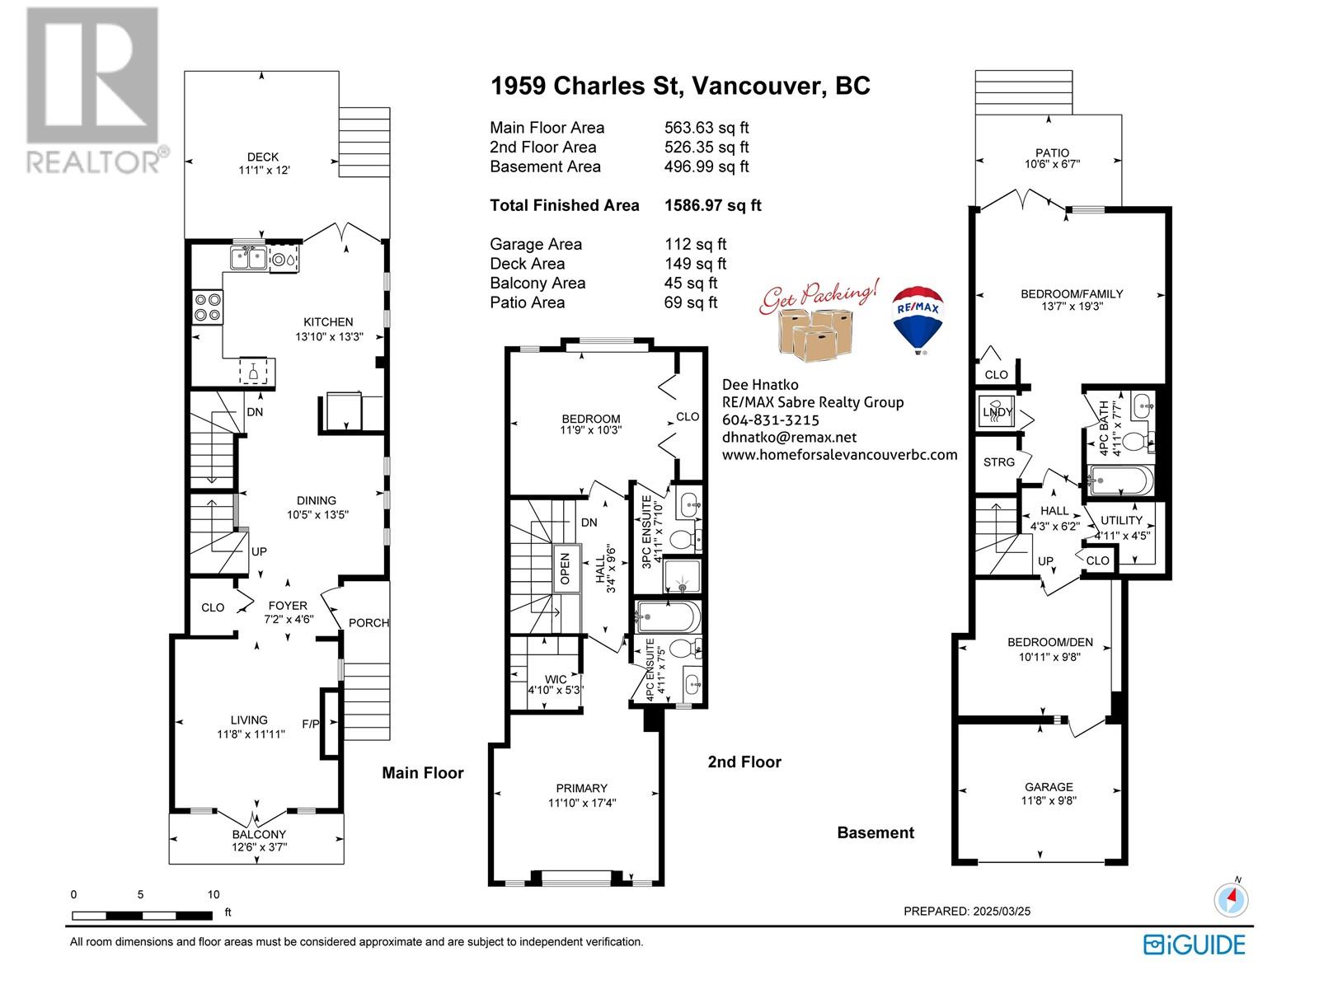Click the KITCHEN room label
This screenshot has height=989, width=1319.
click(327, 322)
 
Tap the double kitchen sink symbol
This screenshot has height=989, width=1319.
click(248, 259)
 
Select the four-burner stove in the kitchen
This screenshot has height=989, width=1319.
click(208, 307)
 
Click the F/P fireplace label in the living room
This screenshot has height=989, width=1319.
click(310, 724)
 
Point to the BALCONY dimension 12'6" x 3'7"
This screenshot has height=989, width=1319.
click(260, 846)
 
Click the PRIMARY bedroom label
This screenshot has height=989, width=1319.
click(581, 788)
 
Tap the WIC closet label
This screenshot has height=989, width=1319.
click(556, 679)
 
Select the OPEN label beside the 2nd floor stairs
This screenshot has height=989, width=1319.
click(565, 568)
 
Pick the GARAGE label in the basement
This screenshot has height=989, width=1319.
click(1049, 786)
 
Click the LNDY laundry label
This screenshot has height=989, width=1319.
click(997, 412)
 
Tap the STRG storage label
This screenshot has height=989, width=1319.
click(998, 462)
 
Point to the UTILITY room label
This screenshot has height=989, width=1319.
click(1121, 521)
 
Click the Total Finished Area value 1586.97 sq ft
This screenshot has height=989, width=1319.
click(713, 205)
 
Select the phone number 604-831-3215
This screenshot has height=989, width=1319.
click(770, 420)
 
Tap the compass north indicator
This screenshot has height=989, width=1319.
click(1232, 899)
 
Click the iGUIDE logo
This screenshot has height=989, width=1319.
click(1195, 944)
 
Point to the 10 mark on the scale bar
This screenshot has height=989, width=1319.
click(214, 894)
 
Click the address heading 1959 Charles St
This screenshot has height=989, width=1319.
click(587, 86)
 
